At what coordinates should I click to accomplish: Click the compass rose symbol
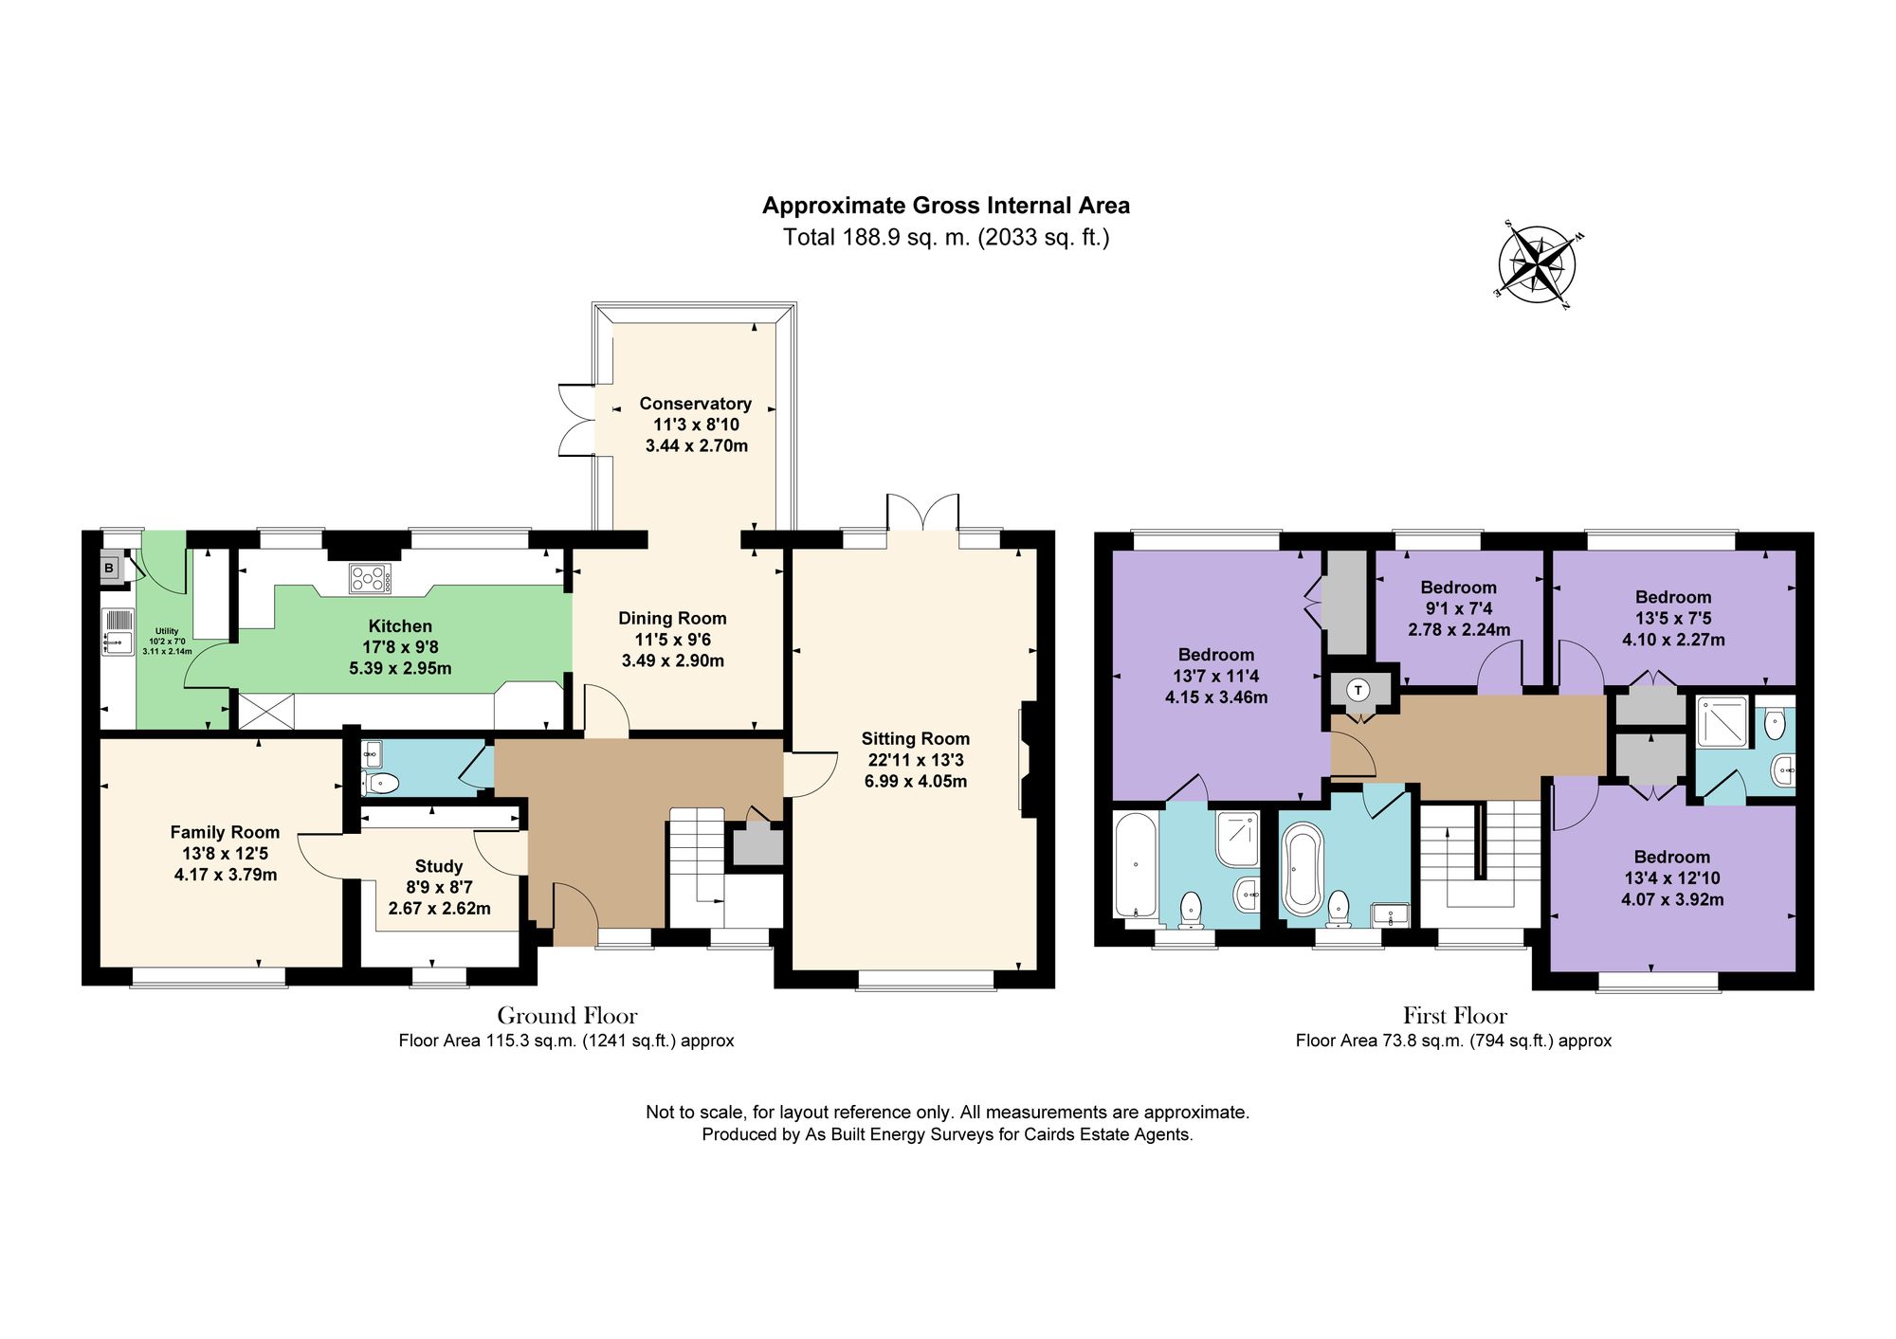pos(1537,263)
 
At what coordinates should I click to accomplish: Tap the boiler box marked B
pos(109,569)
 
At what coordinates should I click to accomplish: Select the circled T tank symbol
pos(1358,690)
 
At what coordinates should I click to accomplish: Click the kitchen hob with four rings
pos(370,578)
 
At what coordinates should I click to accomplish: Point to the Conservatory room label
pos(695,404)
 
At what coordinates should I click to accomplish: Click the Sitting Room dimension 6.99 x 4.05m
pos(915,782)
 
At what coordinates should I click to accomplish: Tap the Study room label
pos(439,866)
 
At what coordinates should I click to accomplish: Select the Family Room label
pos(225,832)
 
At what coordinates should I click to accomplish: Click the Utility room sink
pos(118,632)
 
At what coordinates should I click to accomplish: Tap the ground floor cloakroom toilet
pos(382,783)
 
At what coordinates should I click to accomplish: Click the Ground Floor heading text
pos(567,1016)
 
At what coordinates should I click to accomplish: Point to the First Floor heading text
pos(1454,1016)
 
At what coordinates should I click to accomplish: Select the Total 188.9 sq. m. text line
pos(945,237)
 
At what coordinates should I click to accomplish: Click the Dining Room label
pos(672,618)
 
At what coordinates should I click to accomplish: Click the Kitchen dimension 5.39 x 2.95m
pos(400,668)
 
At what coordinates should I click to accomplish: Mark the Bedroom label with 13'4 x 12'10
pos(1671,857)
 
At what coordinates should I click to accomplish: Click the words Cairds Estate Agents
pos(1106,1134)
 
